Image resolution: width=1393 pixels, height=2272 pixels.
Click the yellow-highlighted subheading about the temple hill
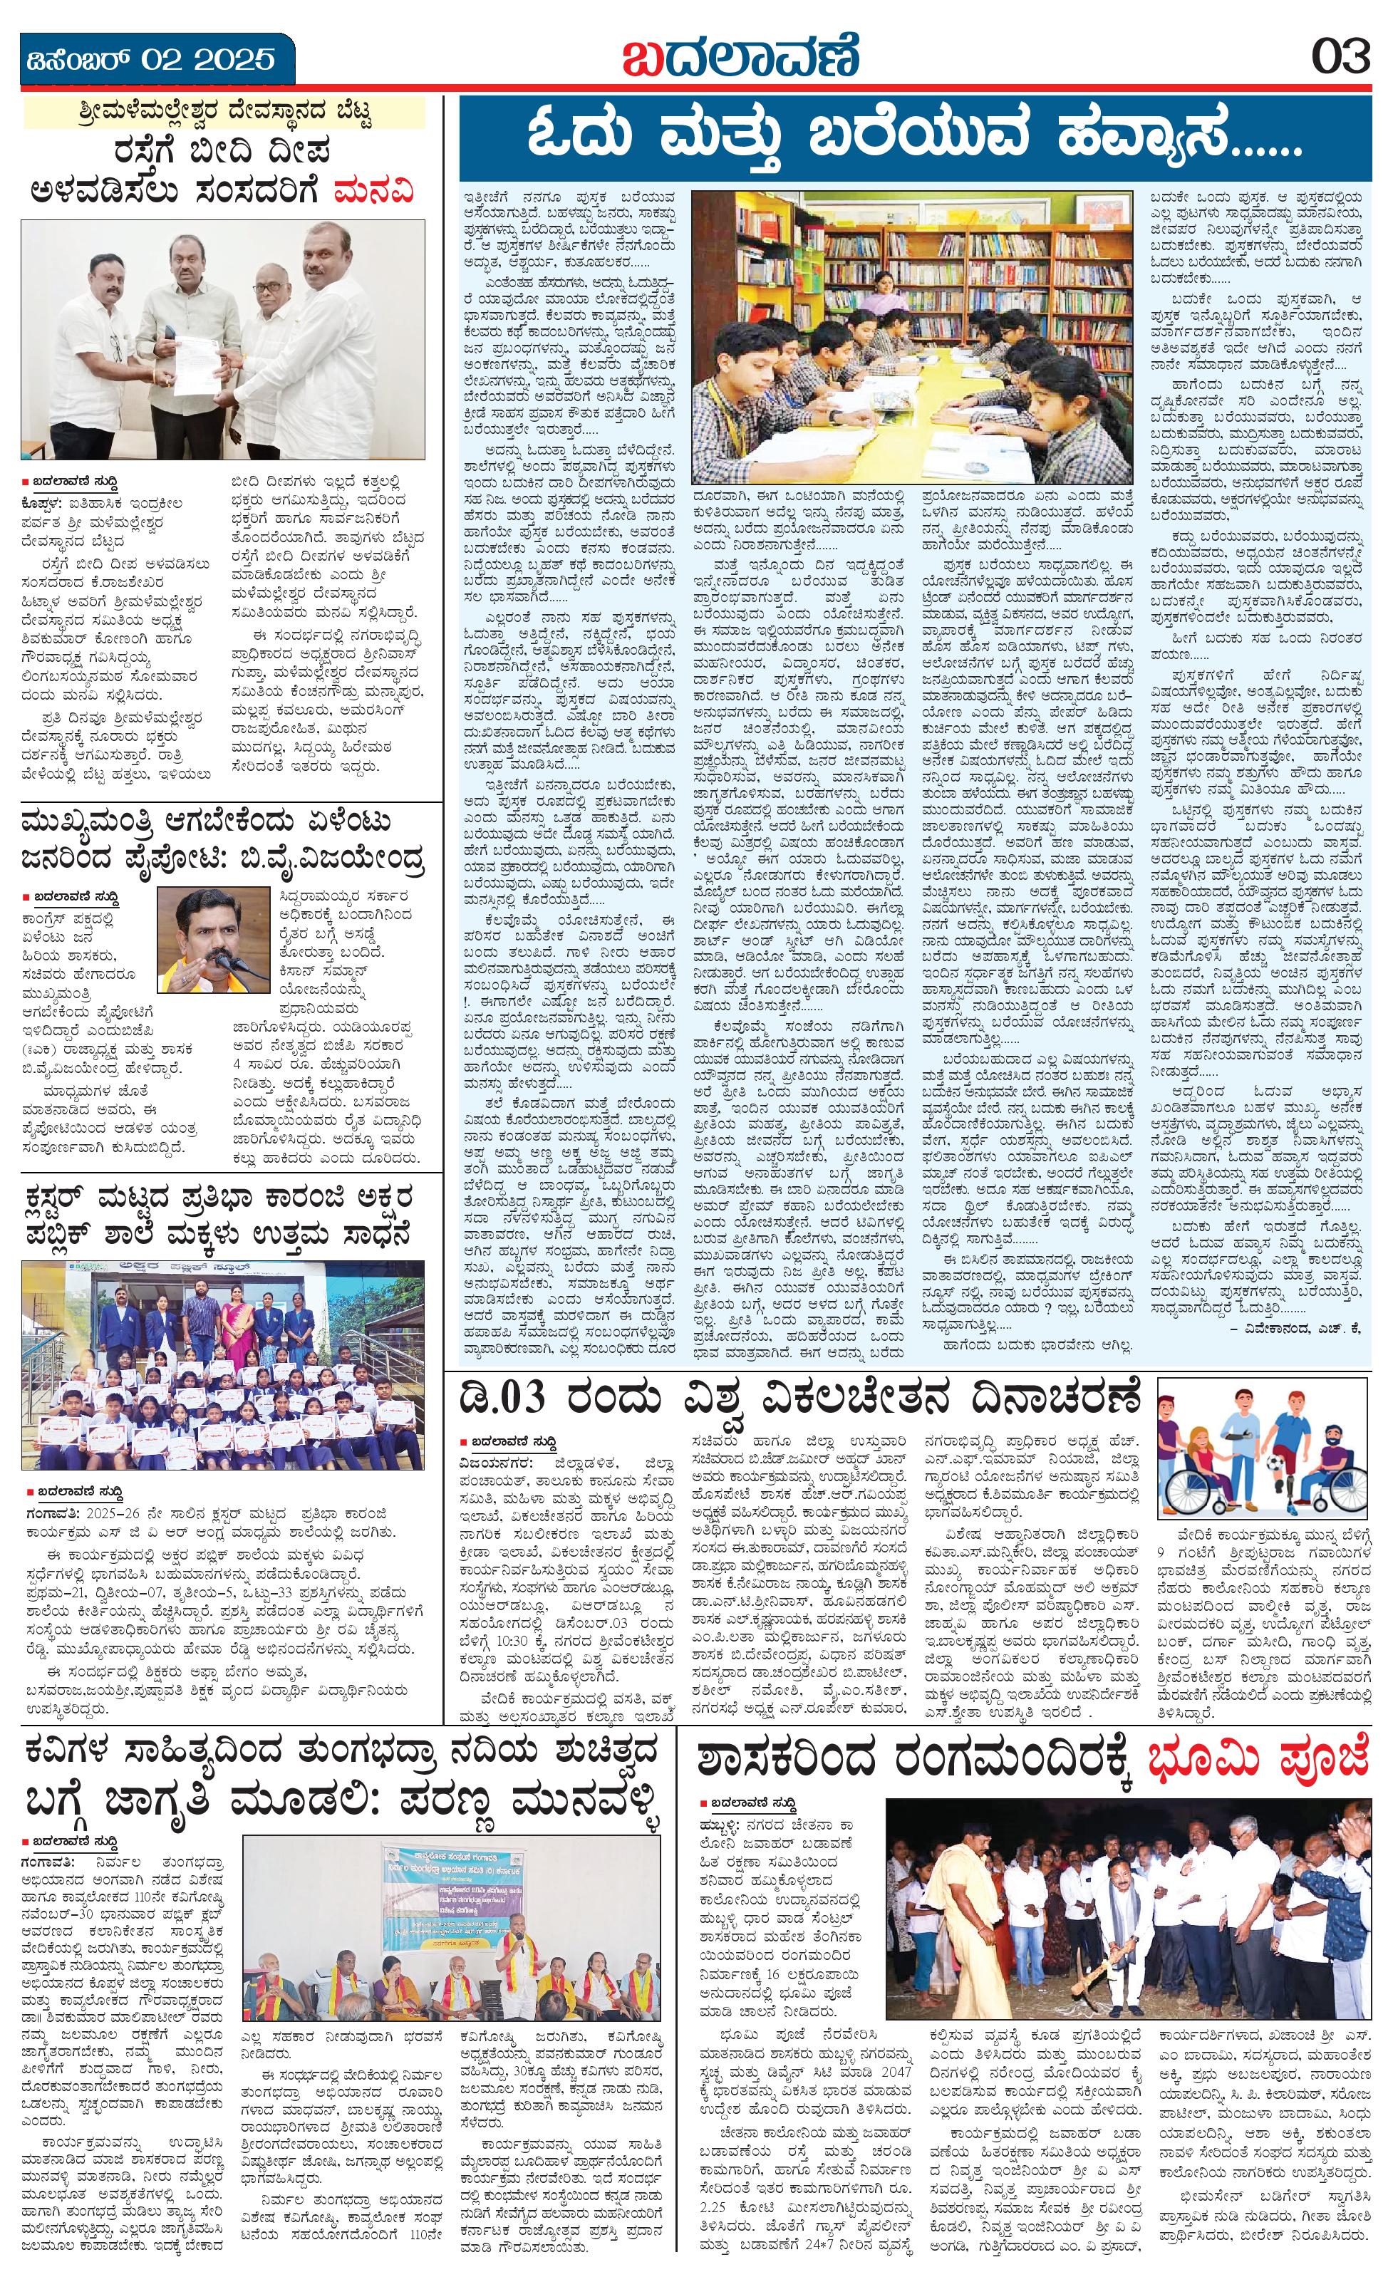pos(223,113)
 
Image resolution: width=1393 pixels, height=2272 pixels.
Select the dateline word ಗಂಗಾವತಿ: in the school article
pos(51,1514)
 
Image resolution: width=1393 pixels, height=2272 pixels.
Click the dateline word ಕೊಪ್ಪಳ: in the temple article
pos(47,504)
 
